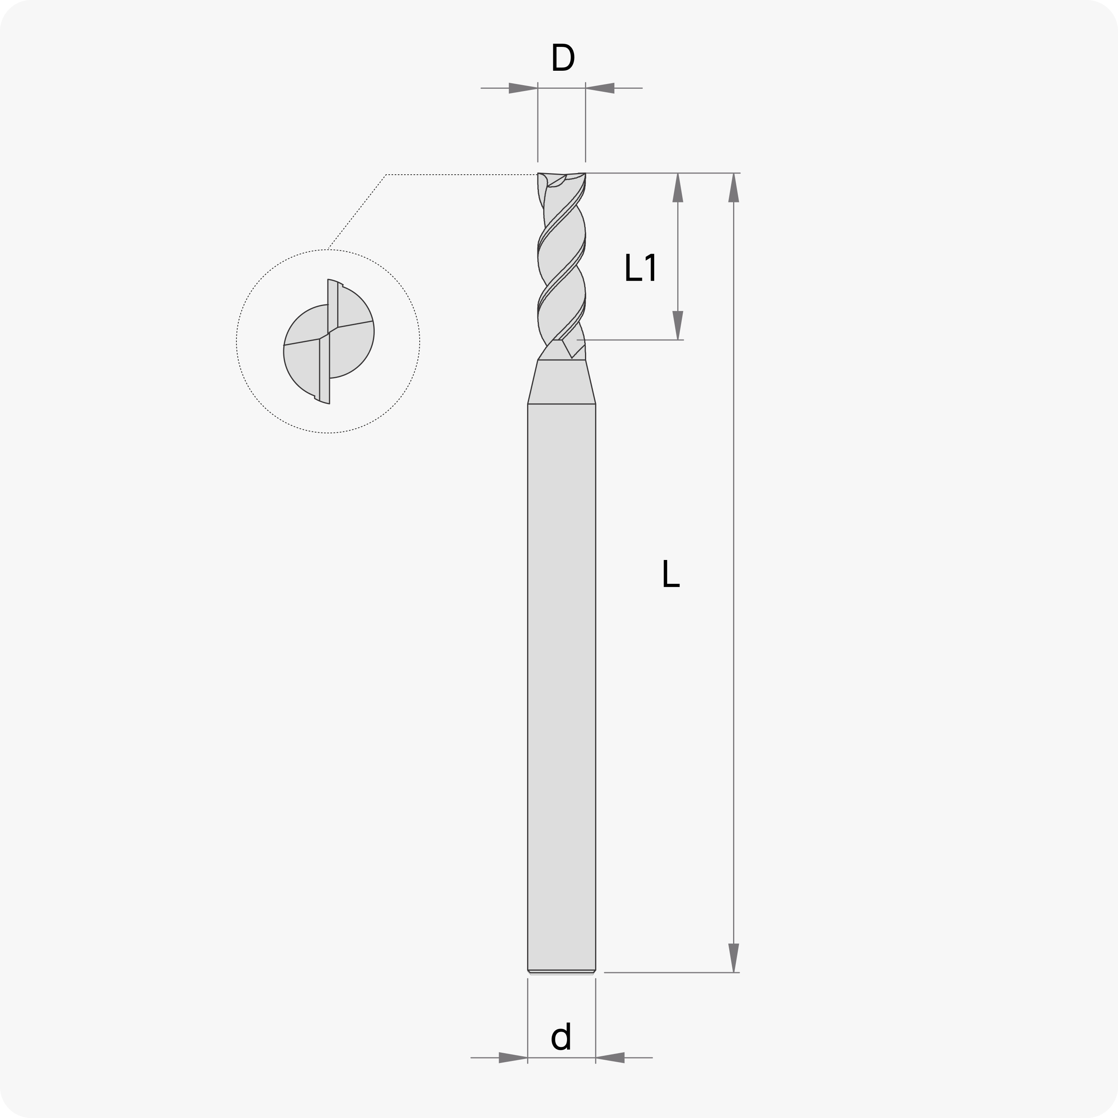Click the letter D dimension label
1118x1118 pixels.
click(562, 58)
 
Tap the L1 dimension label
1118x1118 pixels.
click(640, 267)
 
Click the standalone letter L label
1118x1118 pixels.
click(671, 574)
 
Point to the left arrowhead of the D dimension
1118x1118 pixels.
click(523, 88)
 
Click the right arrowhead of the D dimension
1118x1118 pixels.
click(600, 88)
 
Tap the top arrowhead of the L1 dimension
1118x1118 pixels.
click(678, 188)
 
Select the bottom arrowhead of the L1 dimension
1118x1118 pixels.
click(678, 325)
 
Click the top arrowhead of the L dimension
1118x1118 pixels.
click(734, 188)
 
